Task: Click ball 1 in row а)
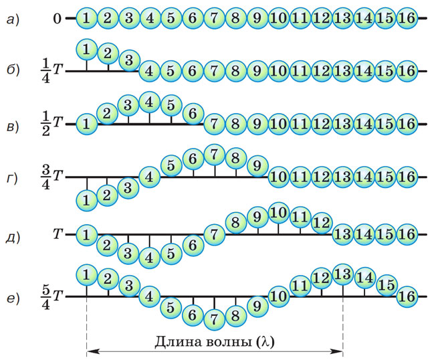click(87, 19)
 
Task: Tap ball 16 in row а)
click(407, 19)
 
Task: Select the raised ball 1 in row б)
click(87, 50)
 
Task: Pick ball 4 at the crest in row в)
click(149, 102)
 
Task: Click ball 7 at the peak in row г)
click(215, 155)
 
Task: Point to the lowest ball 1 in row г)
click(87, 200)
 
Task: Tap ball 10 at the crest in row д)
click(278, 213)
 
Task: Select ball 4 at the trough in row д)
click(149, 258)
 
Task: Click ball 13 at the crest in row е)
click(343, 274)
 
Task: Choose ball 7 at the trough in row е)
click(215, 319)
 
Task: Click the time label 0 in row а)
click(57, 19)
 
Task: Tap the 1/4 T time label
click(51, 72)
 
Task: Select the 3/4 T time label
click(51, 177)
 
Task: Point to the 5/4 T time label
click(51, 297)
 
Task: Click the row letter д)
click(13, 237)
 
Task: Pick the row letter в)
click(13, 126)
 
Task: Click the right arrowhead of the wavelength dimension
click(338, 351)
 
